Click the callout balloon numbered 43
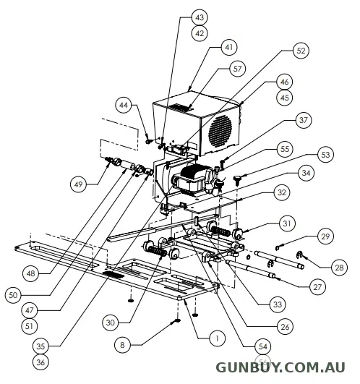coord(200,17)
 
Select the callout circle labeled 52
coord(301,51)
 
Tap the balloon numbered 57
coord(237,69)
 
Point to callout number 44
coord(124,105)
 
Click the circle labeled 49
coord(78,184)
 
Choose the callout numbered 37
coord(304,120)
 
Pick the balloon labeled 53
coord(325,155)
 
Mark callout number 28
coord(339,268)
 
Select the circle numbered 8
coord(122,345)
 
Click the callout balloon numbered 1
coord(218,338)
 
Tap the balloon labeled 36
coord(40,362)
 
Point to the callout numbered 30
coord(111,323)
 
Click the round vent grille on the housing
coord(220,131)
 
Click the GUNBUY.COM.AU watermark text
coord(280,368)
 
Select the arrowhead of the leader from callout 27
coord(275,278)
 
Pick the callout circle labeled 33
coord(278,304)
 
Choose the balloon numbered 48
coord(30,273)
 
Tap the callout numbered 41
coord(229,47)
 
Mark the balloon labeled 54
coord(263,346)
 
